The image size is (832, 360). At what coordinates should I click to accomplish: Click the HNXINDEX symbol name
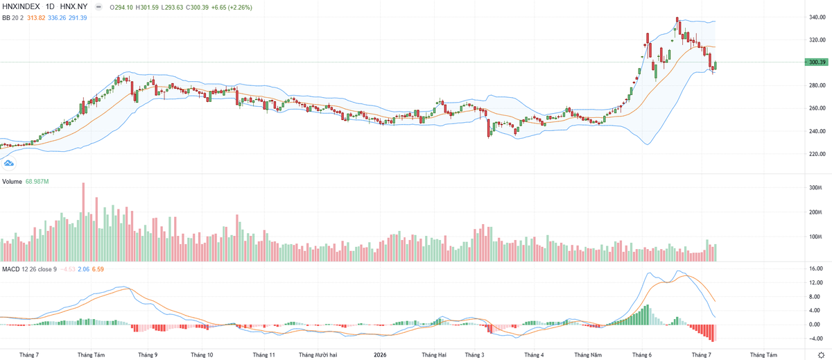(21, 7)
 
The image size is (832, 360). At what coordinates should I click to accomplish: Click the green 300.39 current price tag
(817, 62)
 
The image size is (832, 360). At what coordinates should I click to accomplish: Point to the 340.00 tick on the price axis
(817, 17)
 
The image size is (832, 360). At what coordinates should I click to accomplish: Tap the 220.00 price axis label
(817, 154)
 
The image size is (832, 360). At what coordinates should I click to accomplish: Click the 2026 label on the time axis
(380, 355)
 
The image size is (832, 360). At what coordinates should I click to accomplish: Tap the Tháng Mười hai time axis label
(318, 355)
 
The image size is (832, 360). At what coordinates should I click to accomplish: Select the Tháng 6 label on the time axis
(642, 355)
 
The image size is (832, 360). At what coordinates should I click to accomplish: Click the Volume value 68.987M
(37, 181)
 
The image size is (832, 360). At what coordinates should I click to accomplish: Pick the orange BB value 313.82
(36, 18)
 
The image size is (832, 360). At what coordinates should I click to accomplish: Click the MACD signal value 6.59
(98, 269)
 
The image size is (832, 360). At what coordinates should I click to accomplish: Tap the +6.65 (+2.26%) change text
(232, 8)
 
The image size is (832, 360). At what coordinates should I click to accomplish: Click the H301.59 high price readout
(147, 8)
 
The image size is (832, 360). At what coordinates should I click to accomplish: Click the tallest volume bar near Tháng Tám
(83, 222)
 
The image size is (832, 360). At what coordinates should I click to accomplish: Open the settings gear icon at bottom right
(821, 355)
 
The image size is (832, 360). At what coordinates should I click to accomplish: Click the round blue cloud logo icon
(8, 163)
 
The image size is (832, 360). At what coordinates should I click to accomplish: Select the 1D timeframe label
(50, 7)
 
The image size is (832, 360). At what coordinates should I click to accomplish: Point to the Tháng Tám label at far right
(763, 355)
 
